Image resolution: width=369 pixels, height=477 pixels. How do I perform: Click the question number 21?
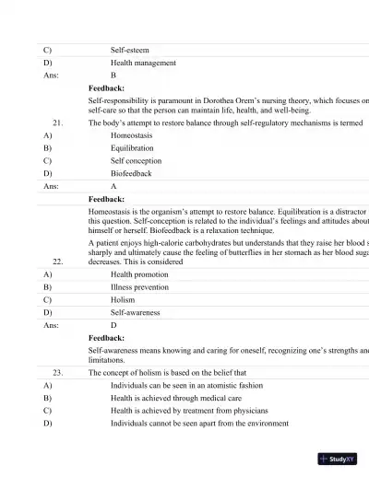pos(58,122)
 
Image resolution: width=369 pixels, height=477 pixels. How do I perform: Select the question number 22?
pos(58,262)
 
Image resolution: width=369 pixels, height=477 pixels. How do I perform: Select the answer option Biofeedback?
pos(131,172)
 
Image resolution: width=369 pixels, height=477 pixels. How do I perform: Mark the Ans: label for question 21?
pos(52,185)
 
